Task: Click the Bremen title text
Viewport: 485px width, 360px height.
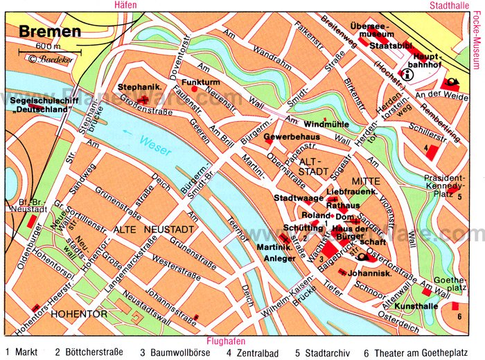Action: (49, 30)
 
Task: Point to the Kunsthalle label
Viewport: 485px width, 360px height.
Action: (414, 306)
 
